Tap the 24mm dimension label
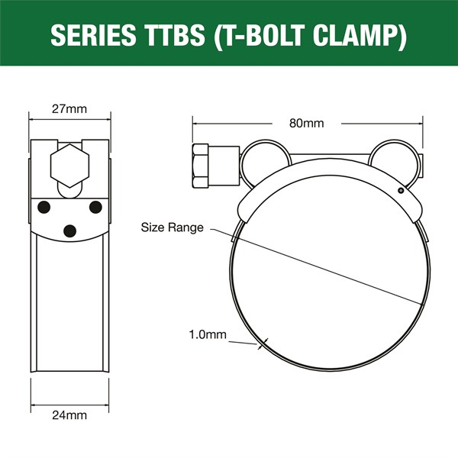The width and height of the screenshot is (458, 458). point(69,415)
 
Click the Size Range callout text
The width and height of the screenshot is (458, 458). point(173,227)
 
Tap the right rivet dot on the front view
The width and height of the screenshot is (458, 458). point(95,206)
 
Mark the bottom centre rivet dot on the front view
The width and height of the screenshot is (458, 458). point(70,230)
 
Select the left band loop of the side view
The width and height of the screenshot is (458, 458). point(264,156)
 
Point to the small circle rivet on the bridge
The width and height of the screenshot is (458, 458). point(400,191)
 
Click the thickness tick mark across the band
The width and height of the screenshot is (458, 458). point(263,343)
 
